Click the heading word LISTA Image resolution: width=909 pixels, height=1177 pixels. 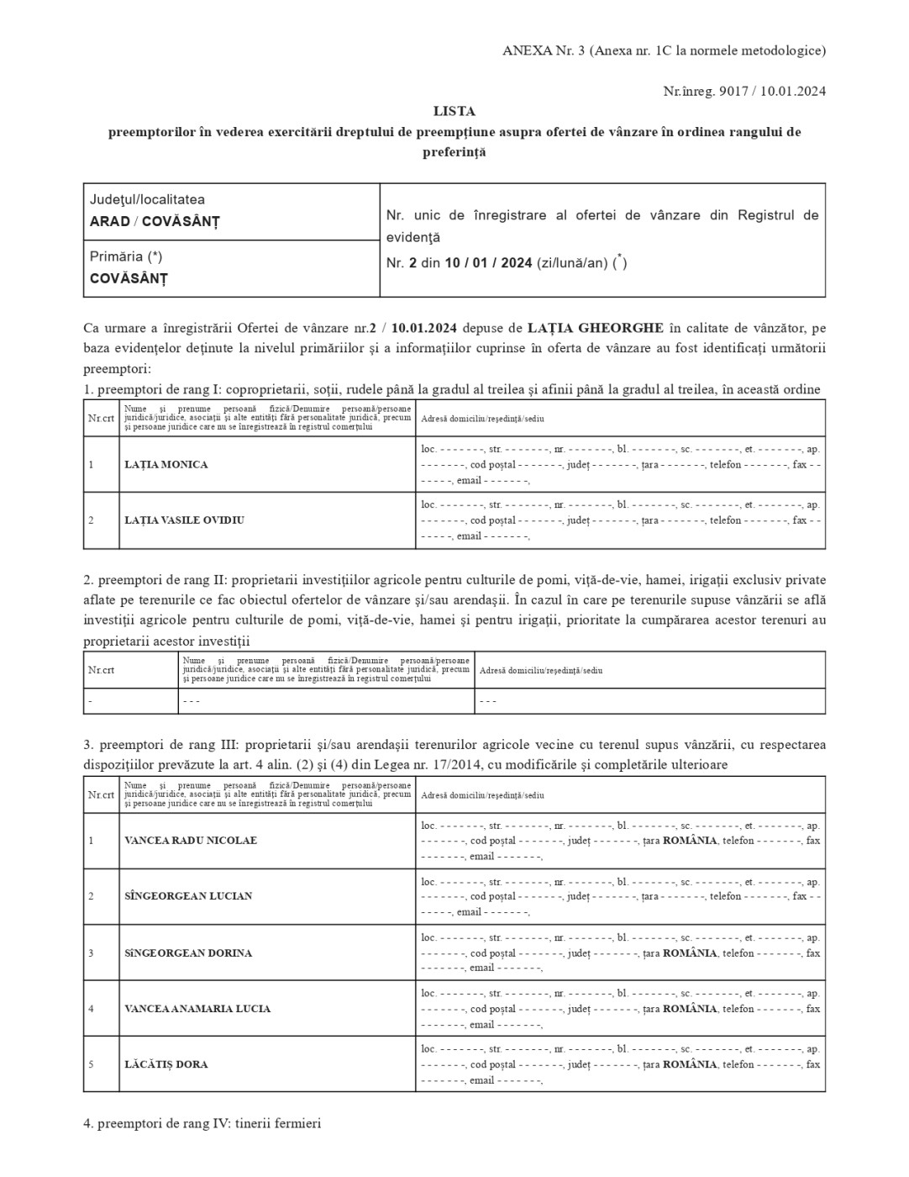pyautogui.click(x=454, y=111)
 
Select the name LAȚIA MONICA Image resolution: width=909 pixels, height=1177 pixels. pyautogui.click(x=166, y=465)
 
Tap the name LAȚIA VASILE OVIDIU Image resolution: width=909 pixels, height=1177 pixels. pyautogui.click(x=184, y=520)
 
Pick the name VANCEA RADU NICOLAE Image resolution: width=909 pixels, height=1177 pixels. pyautogui.click(x=191, y=841)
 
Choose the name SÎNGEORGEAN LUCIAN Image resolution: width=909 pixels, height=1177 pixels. pyautogui.click(x=188, y=896)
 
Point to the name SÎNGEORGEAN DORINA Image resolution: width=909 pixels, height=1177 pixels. pyautogui.click(x=188, y=953)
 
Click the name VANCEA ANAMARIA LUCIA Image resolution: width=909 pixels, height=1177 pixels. pyautogui.click(x=197, y=1009)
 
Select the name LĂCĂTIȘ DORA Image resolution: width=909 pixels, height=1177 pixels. pyautogui.click(x=166, y=1064)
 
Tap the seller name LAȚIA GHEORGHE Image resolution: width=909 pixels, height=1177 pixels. pyautogui.click(x=596, y=327)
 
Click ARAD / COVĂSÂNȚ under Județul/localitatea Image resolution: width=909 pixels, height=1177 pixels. pyautogui.click(x=155, y=222)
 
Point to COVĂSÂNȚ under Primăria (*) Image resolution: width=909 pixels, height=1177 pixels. pyautogui.click(x=129, y=278)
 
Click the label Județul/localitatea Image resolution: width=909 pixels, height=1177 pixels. pyautogui.click(x=147, y=200)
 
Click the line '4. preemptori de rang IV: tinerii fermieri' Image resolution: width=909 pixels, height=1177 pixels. pyautogui.click(x=202, y=1123)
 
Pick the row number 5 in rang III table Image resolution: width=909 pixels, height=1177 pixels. pyautogui.click(x=92, y=1064)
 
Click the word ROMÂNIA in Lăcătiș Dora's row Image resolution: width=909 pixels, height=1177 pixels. pyautogui.click(x=690, y=1064)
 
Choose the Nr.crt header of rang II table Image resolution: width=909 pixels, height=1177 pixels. pyautogui.click(x=101, y=670)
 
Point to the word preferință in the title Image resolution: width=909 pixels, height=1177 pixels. pyautogui.click(x=454, y=153)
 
